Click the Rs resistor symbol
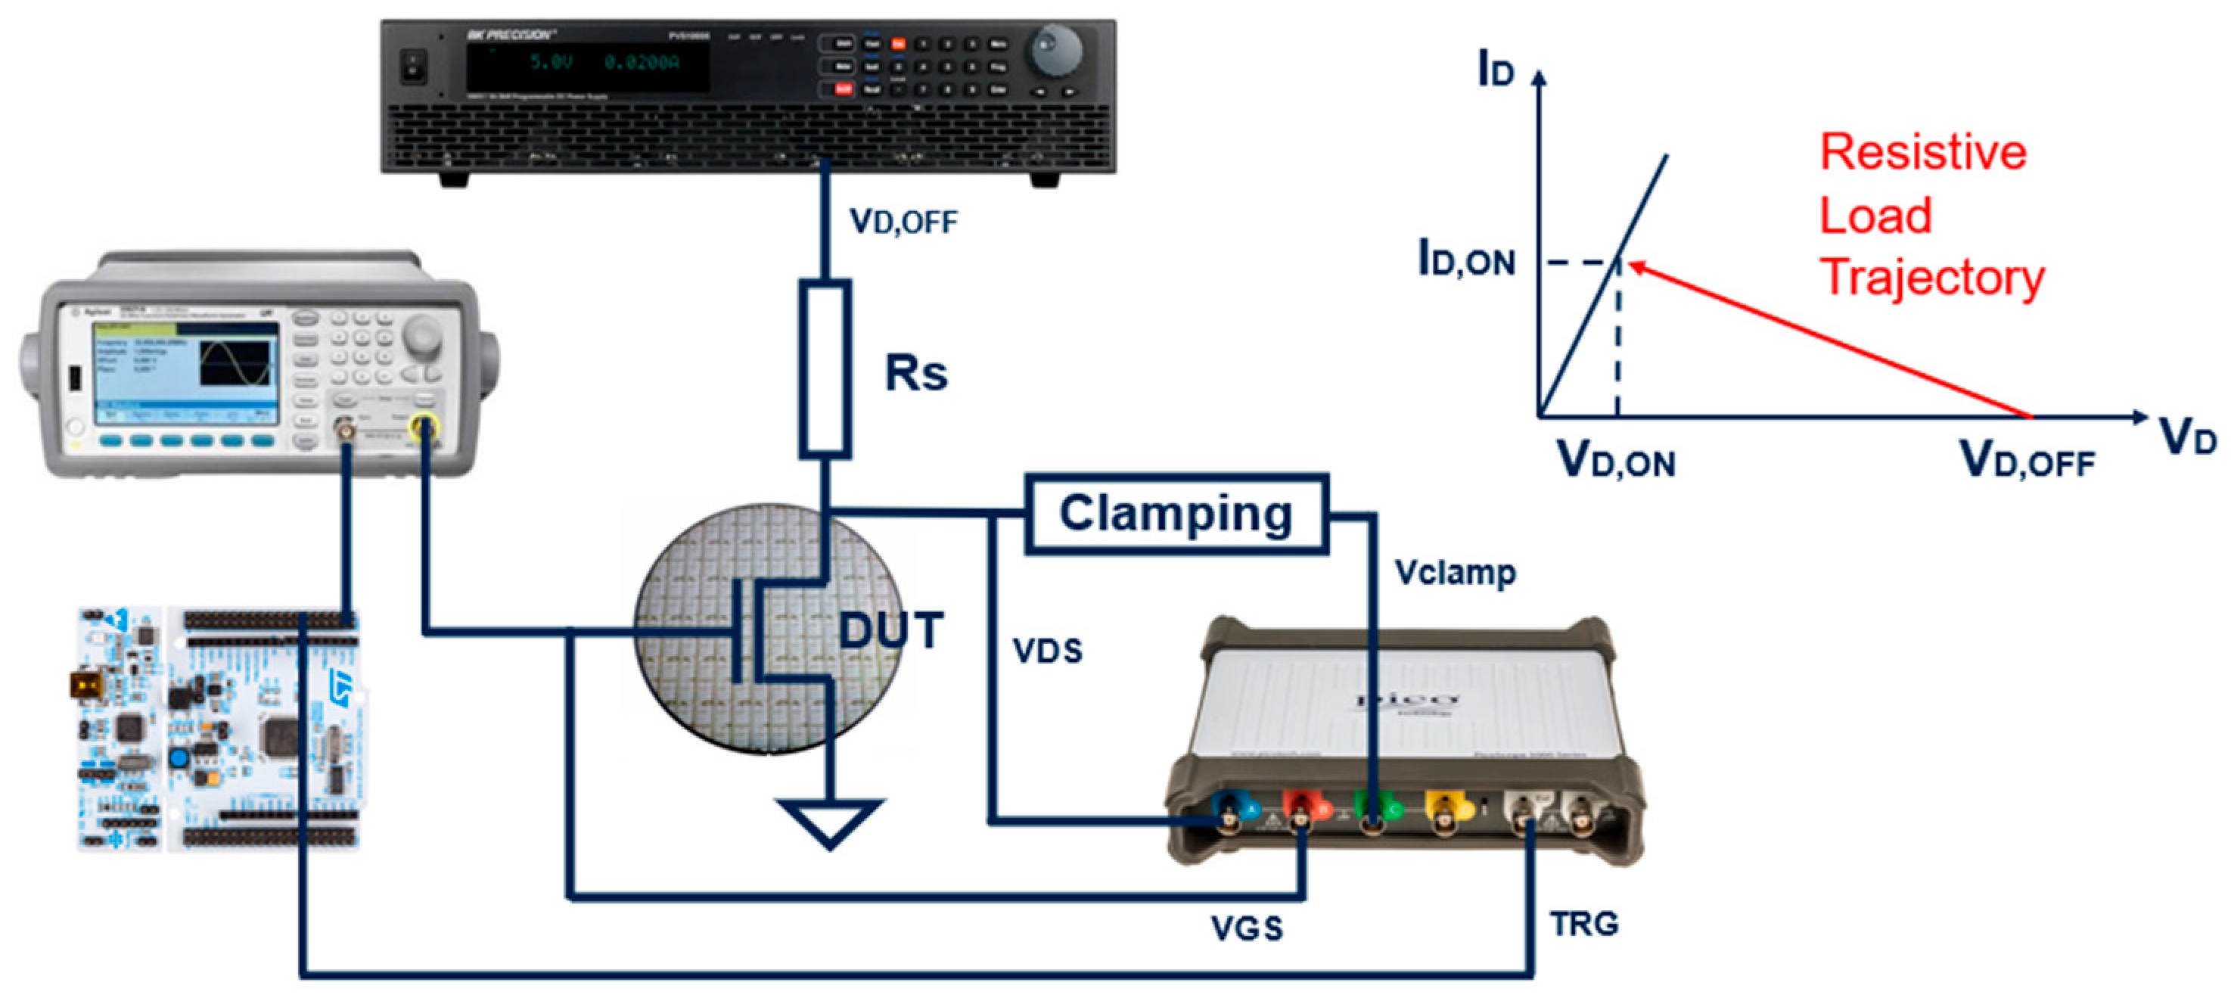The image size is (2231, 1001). tap(824, 368)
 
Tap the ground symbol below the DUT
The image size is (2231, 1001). tap(830, 822)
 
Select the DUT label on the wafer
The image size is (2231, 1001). tap(891, 630)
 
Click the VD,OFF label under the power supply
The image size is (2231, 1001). tap(903, 222)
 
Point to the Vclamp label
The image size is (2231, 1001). tap(1455, 572)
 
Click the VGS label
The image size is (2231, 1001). tap(1246, 928)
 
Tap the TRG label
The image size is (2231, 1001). tap(1584, 924)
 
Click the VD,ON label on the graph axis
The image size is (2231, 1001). tap(1616, 460)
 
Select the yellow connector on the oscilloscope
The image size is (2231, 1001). tap(1443, 810)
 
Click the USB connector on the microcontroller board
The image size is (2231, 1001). tap(85, 685)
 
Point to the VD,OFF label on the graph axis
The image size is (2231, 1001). tap(2027, 460)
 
